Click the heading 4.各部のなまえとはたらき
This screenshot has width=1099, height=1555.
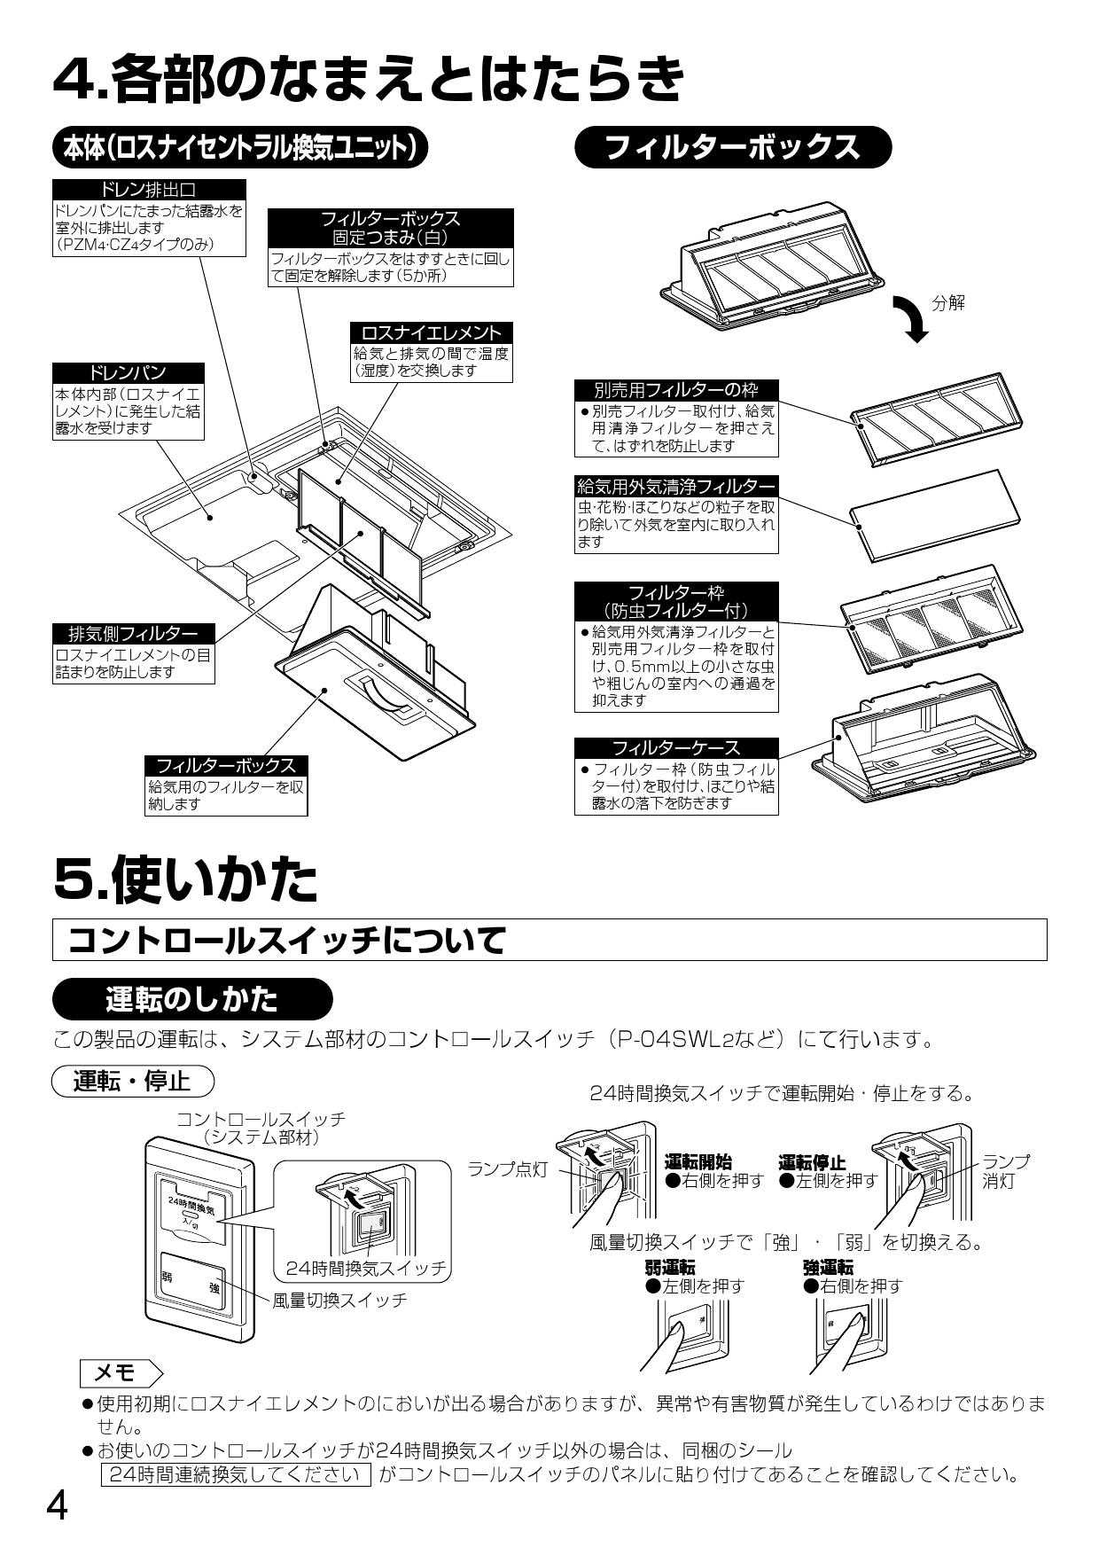tap(368, 78)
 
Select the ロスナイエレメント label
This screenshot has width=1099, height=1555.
tap(432, 332)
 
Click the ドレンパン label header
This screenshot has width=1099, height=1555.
tap(129, 373)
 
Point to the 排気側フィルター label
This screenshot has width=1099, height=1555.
tap(134, 634)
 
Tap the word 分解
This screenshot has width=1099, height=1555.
tap(948, 303)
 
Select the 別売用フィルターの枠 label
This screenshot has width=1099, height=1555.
tap(675, 390)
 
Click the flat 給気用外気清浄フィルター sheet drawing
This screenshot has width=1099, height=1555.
tap(931, 514)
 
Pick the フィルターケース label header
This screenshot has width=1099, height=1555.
tap(676, 747)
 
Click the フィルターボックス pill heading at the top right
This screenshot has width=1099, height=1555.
tap(732, 147)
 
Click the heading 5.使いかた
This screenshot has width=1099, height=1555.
tap(185, 878)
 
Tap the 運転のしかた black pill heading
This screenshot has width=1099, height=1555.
tap(191, 999)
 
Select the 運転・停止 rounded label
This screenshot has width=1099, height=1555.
tap(133, 1082)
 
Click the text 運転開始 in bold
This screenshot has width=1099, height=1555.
tap(698, 1162)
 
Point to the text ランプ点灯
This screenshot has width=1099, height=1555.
tap(508, 1170)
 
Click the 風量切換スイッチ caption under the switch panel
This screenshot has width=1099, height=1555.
tap(339, 1301)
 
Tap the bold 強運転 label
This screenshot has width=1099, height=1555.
tap(829, 1268)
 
